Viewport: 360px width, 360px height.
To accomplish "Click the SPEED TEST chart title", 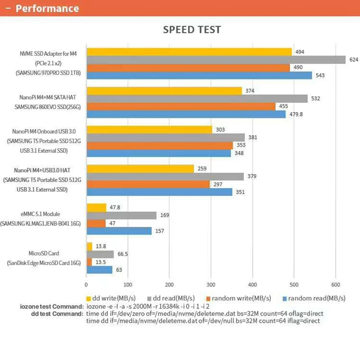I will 192,30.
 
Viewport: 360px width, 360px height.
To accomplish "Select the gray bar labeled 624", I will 216,60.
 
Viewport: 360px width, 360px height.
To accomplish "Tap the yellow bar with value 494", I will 189,52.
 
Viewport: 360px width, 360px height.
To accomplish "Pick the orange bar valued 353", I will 159,145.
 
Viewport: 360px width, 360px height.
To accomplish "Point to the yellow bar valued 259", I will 140,168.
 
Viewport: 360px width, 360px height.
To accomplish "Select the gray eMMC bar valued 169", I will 121,216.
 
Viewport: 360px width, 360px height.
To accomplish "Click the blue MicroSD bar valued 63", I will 99,270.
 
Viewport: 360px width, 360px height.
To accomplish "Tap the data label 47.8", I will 116,207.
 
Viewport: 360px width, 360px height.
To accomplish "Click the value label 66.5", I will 123,254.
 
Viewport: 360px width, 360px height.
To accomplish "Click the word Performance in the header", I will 47,9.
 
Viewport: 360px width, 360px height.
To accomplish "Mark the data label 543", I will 320,76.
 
